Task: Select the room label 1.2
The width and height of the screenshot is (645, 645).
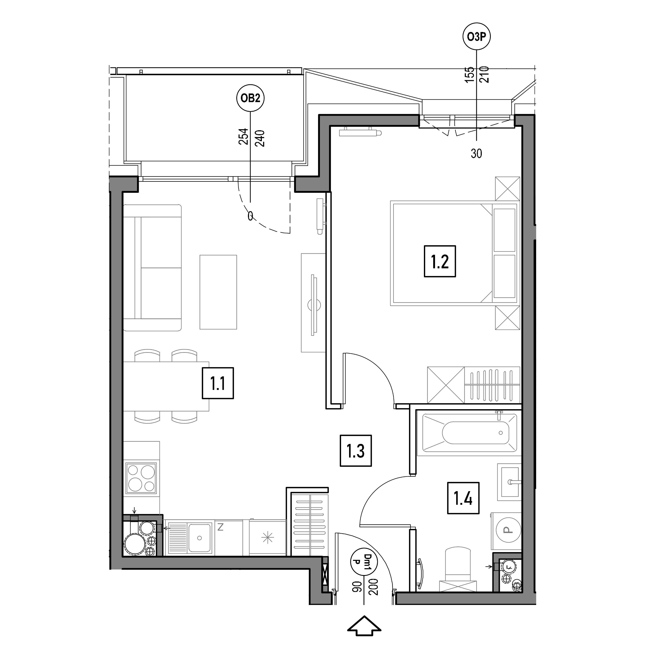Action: click(440, 261)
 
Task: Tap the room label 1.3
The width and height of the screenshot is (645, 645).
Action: click(356, 451)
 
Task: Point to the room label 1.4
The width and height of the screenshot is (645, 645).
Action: click(463, 498)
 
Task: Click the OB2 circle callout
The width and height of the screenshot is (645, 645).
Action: click(250, 98)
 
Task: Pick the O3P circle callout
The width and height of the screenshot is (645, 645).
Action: click(477, 37)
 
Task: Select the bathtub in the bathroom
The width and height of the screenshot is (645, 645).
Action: click(469, 433)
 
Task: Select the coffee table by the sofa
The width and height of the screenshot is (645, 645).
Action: click(218, 292)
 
